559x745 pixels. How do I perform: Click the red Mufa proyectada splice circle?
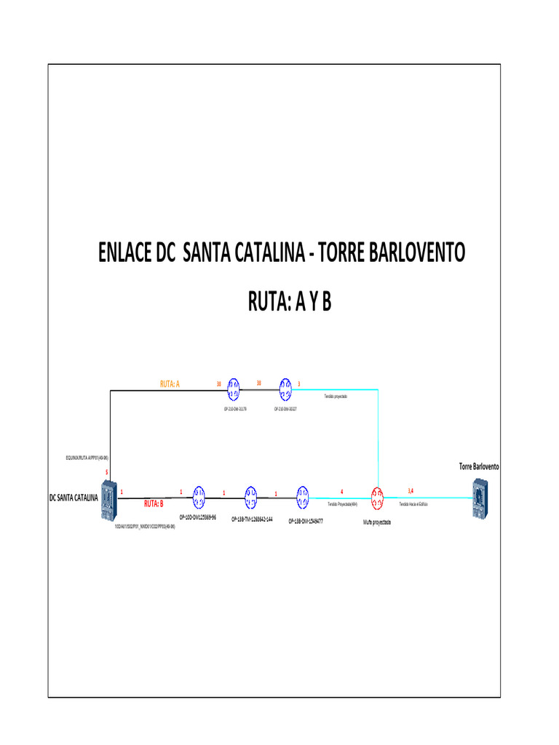pos(377,497)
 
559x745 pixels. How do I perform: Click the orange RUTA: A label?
pos(170,383)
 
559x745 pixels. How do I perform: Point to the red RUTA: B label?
pos(154,503)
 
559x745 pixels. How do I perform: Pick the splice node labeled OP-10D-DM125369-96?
pos(199,497)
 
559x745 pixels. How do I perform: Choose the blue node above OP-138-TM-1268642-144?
pos(250,497)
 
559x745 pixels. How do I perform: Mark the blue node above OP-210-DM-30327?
pos(285,389)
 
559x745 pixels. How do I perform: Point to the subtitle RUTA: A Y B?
pos(290,300)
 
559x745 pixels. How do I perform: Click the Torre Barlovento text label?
pos(479,466)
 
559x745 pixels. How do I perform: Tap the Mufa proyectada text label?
pos(377,522)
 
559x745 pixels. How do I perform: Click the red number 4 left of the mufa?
pos(342,492)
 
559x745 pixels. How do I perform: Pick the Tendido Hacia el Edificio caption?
pos(413,503)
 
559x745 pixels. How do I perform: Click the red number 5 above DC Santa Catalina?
pos(107,473)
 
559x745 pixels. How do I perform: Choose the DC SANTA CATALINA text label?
pos(73,498)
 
